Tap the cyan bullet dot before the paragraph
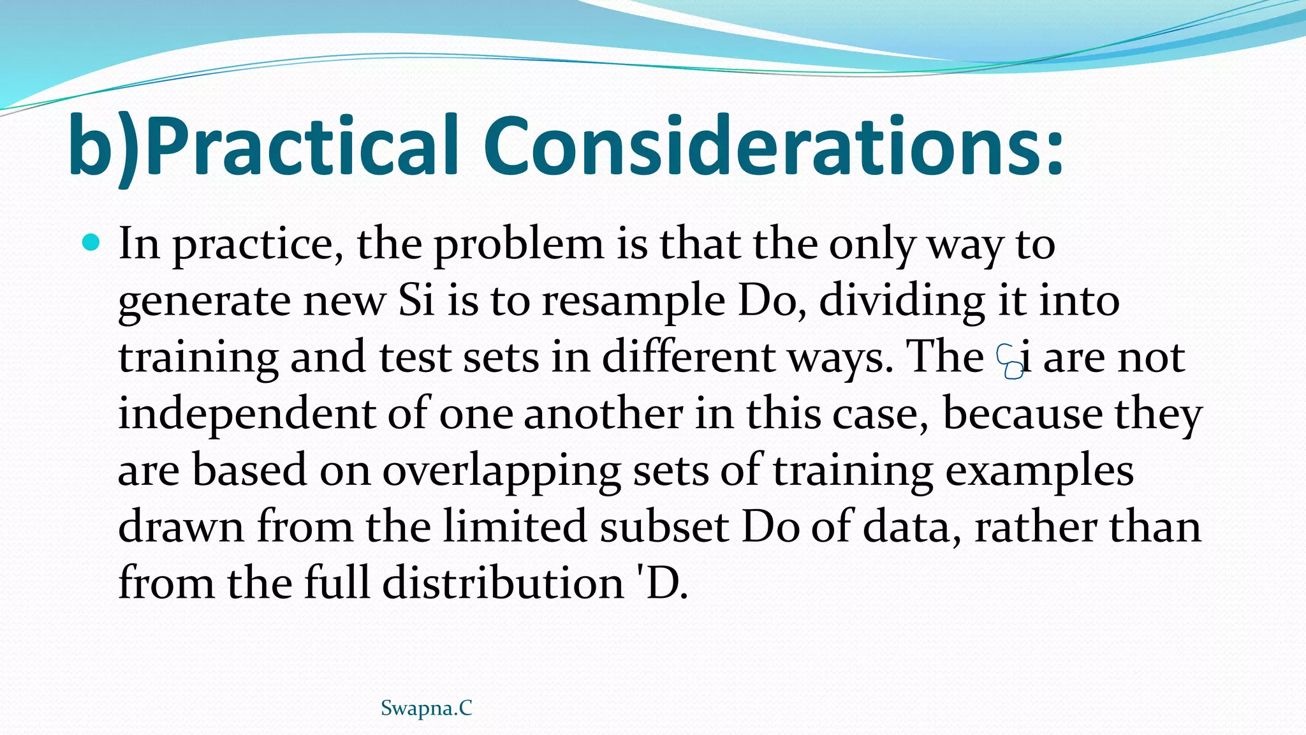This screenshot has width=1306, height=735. coord(92,243)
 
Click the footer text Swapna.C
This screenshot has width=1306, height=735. coord(426,708)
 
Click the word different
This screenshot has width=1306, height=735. coord(689,357)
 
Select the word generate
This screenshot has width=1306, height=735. coord(204,302)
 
